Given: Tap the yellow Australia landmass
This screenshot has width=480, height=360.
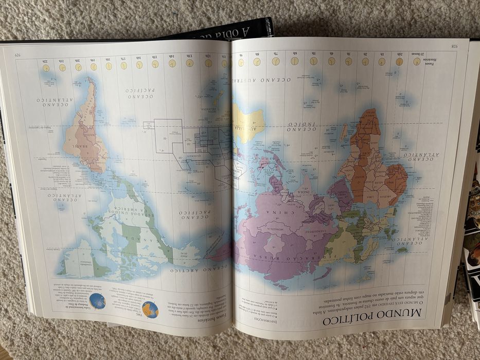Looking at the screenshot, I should point(248,123).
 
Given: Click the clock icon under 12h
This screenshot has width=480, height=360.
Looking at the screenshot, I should point(208,63).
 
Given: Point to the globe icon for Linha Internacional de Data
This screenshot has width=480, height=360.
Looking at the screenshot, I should point(97,301).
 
